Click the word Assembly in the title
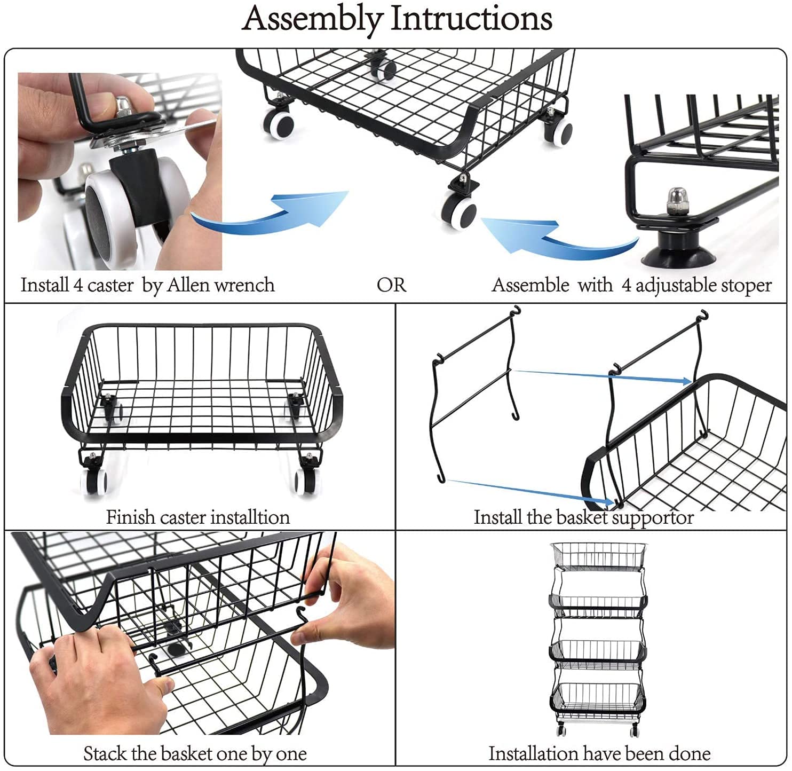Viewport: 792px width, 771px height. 314,19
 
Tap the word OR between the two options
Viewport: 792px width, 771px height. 391,285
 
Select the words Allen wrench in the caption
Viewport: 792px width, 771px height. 221,285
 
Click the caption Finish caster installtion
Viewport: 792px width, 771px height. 198,517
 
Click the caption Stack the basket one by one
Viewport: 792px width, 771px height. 195,753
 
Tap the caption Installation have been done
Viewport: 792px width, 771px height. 599,753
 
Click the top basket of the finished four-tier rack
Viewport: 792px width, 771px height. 598,555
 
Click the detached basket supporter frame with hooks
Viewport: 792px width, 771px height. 475,390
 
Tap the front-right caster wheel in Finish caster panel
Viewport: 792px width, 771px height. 308,481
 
